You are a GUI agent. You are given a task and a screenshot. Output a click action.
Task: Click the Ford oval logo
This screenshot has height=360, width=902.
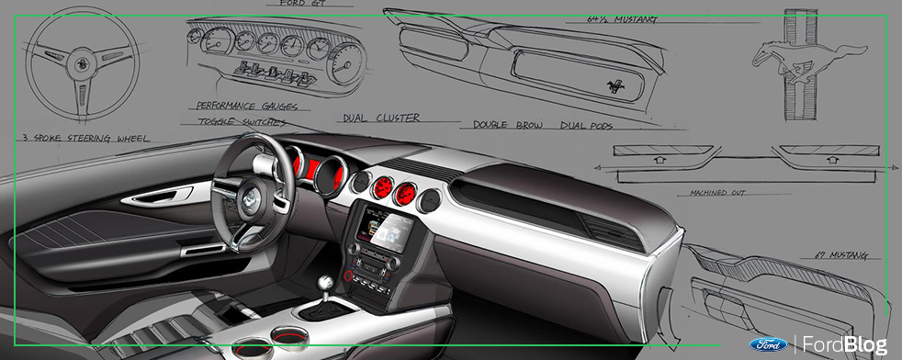click(768, 344)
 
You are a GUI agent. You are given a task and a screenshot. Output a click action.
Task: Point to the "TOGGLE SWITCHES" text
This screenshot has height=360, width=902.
click(242, 120)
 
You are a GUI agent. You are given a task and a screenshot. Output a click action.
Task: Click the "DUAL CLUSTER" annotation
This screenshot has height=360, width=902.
click(380, 118)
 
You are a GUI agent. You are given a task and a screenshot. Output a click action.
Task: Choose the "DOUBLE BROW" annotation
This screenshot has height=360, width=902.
click(504, 123)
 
